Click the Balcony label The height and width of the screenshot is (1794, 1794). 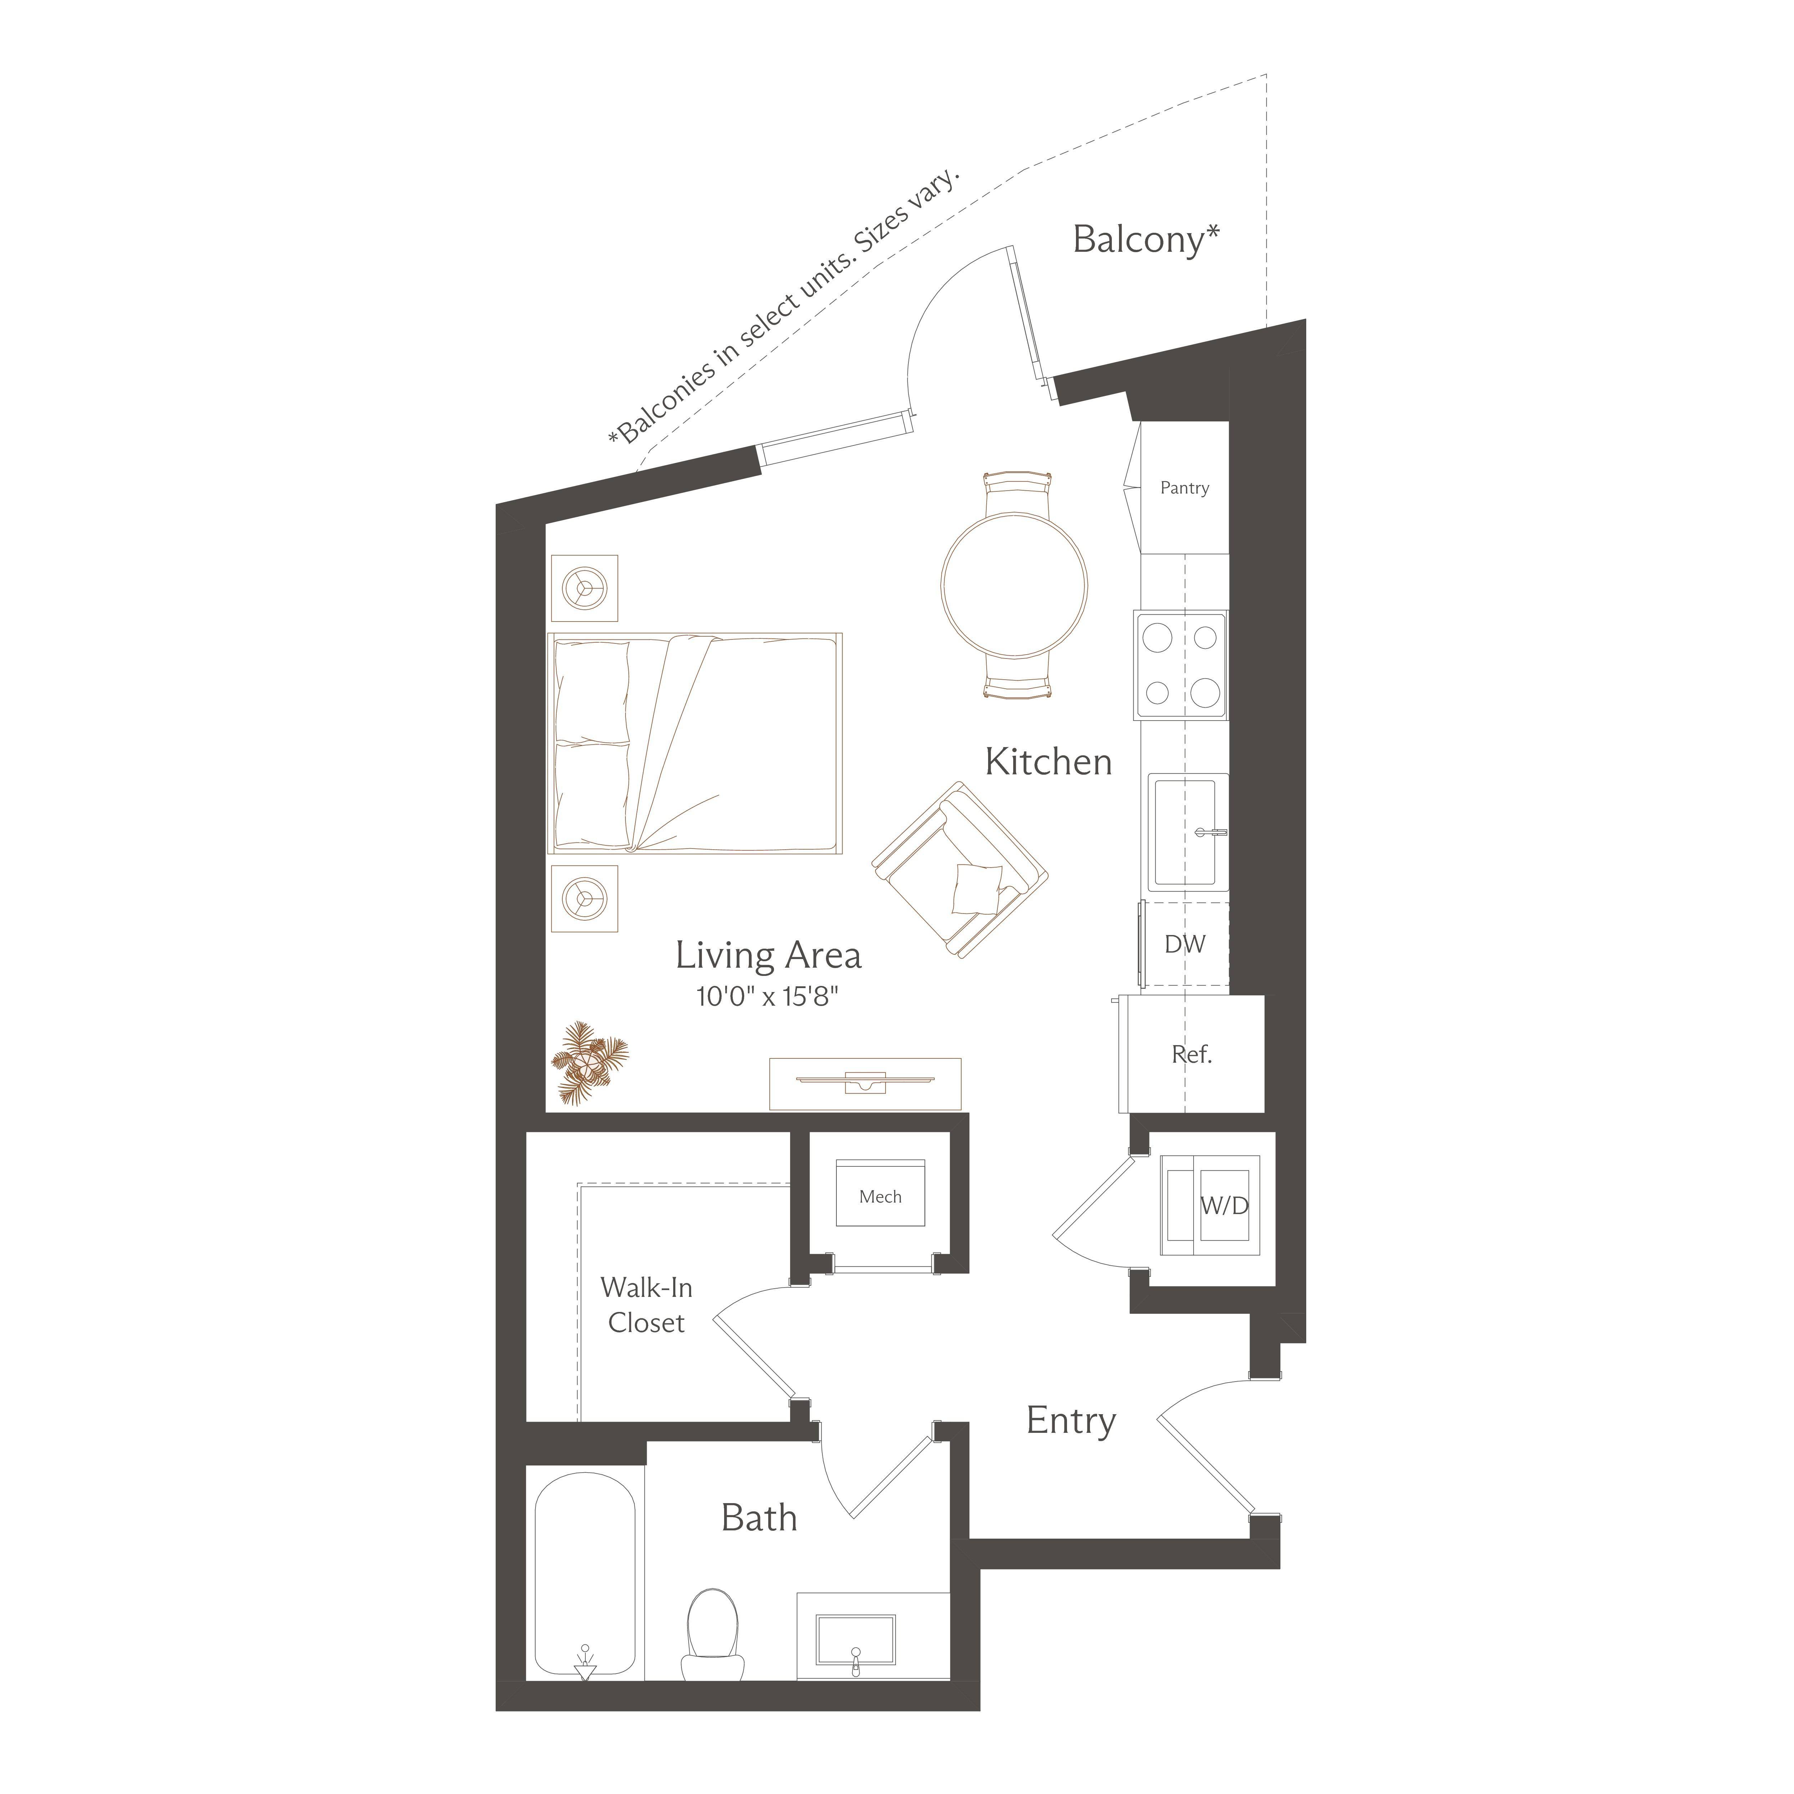[x=1146, y=240]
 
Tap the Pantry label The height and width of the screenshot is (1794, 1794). [x=1184, y=487]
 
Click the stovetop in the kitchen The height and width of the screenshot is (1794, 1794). [x=1180, y=665]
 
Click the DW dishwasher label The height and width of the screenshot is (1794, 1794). [x=1185, y=944]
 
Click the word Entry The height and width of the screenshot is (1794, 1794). [x=1071, y=1421]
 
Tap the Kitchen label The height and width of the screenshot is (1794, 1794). [x=1048, y=763]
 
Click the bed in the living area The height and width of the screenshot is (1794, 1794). [x=695, y=743]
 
